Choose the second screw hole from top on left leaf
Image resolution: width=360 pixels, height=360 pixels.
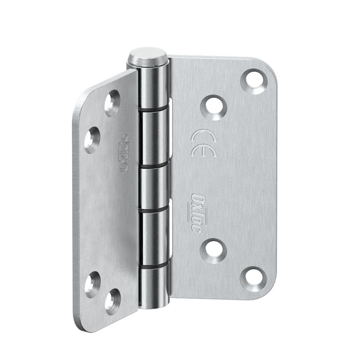[92, 140]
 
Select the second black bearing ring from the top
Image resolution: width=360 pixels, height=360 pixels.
[154, 165]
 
